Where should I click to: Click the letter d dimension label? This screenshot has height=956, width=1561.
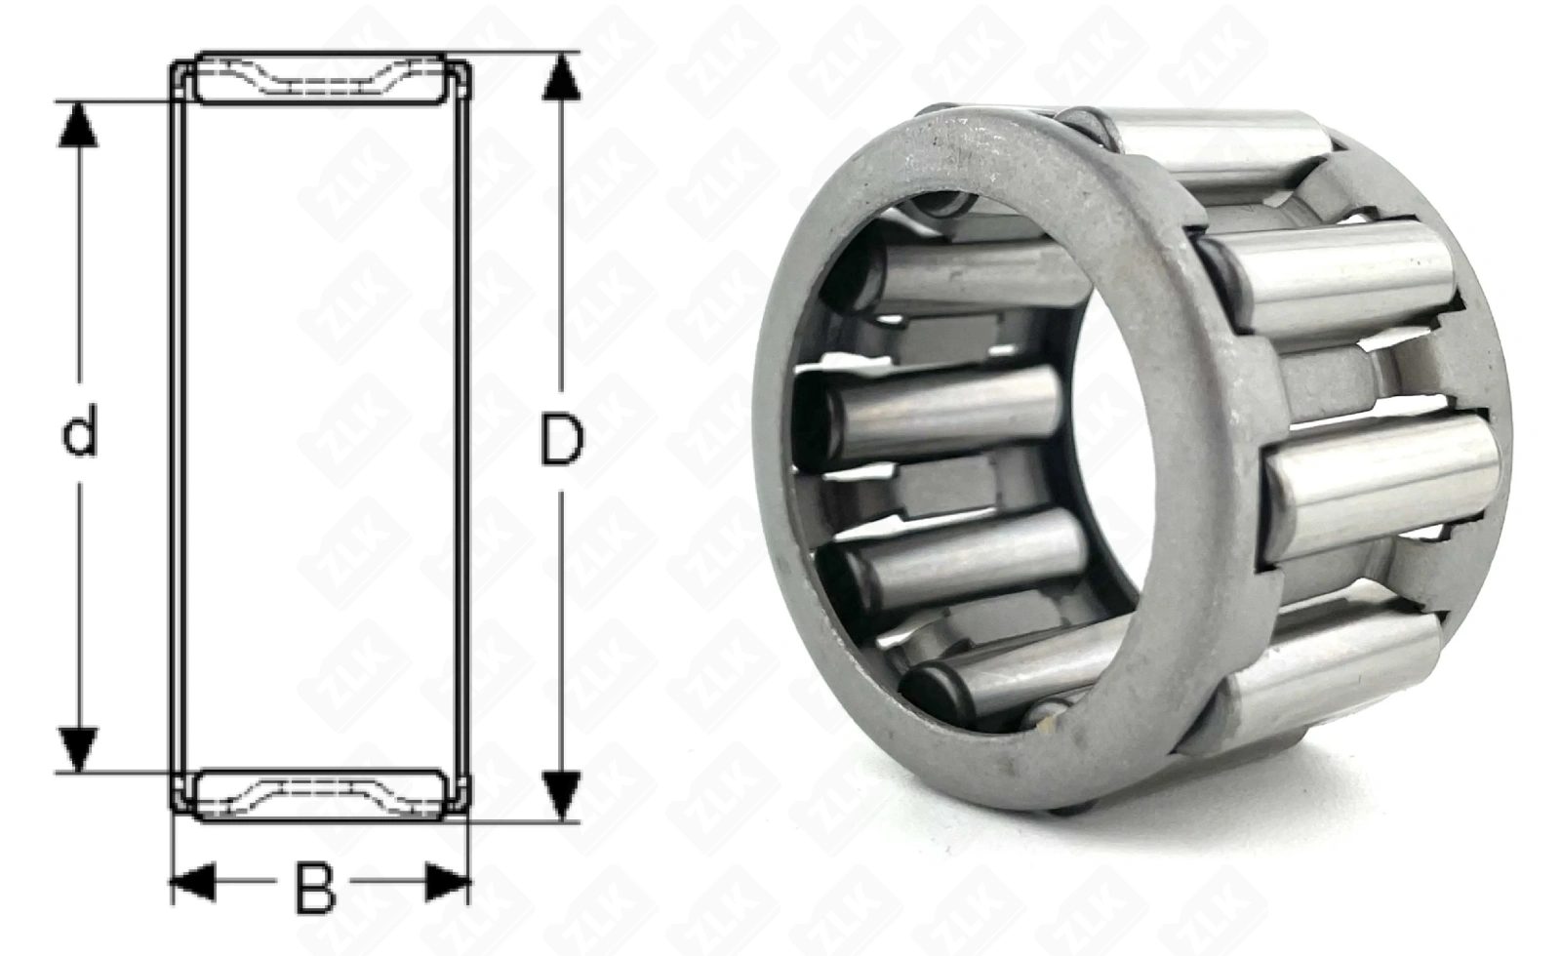coord(79,432)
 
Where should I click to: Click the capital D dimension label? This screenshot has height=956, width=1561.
coord(562,439)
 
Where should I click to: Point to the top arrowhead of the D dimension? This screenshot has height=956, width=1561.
coord(562,77)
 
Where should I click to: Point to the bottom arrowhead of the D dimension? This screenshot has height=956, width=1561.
coord(562,795)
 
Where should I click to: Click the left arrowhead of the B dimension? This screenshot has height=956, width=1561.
coord(193,882)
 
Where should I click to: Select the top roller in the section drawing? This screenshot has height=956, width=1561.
coord(320,78)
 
